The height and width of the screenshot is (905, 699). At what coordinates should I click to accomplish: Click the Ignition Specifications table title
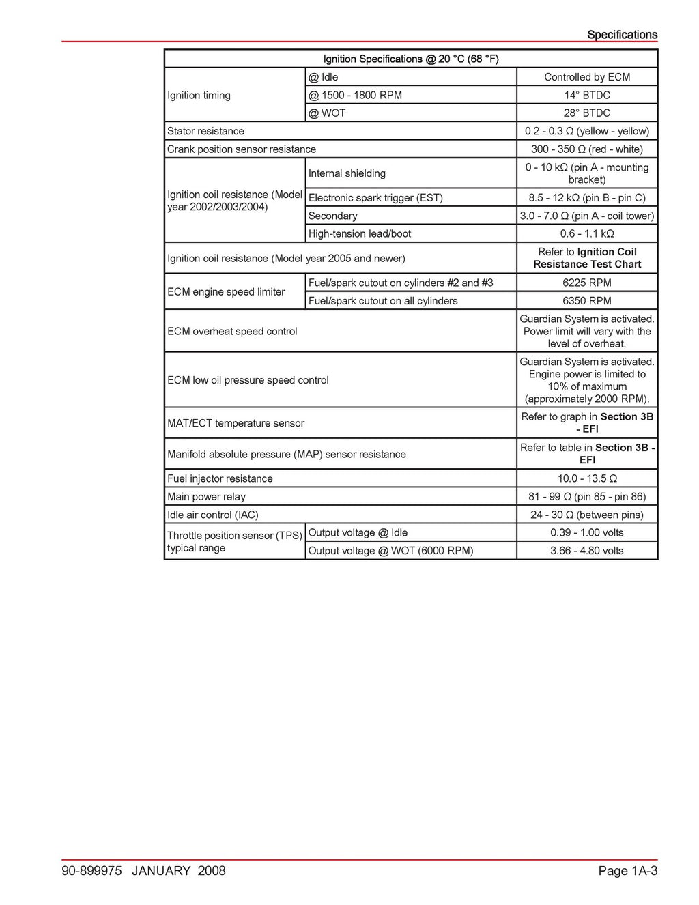[411, 59]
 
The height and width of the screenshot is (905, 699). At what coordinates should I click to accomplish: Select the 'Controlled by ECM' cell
[587, 77]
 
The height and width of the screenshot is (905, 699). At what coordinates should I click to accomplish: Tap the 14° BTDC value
[587, 95]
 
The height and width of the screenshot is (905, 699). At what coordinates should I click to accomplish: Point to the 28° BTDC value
[587, 113]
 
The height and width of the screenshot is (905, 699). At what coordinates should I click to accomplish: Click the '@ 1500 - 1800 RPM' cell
[355, 95]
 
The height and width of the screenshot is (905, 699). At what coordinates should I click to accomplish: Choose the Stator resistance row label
[205, 131]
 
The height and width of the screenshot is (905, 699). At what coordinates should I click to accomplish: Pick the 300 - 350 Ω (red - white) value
[587, 149]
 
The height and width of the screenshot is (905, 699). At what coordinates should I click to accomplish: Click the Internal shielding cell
[347, 173]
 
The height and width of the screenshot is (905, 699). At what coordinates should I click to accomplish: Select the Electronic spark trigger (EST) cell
[375, 198]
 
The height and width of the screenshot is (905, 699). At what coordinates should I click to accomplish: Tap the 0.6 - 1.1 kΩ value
[587, 233]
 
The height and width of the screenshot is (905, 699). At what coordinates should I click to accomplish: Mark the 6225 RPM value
[587, 283]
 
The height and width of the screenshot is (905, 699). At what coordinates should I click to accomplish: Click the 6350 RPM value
[587, 300]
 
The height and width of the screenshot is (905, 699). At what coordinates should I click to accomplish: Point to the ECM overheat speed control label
[232, 331]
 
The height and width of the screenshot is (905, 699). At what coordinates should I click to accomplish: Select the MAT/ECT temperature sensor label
[236, 423]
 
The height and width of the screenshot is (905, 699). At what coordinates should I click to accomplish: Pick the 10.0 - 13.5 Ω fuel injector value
[587, 478]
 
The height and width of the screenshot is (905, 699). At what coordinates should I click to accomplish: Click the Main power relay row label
[206, 497]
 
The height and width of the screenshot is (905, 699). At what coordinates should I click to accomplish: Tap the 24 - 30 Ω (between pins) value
[587, 515]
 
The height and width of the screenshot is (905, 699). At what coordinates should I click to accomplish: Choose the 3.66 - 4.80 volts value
[587, 551]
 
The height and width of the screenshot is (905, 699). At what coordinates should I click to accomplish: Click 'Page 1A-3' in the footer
[627, 871]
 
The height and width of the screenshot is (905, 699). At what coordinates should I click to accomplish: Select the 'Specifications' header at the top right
[622, 35]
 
